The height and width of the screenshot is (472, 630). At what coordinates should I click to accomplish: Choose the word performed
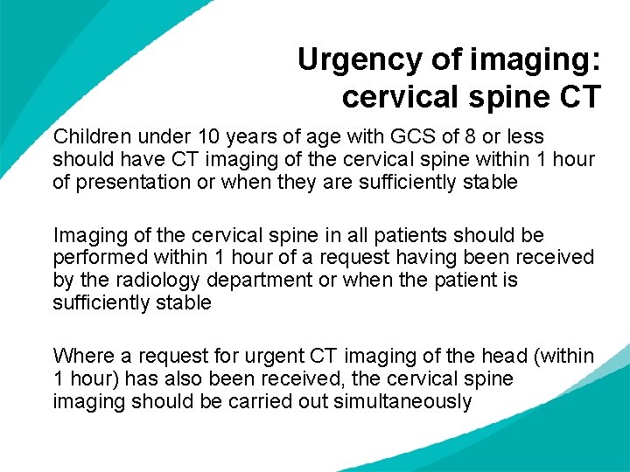coord(98,258)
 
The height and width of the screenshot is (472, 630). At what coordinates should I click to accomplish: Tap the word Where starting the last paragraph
coord(80,357)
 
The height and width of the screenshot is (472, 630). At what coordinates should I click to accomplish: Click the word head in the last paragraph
coord(507,357)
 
